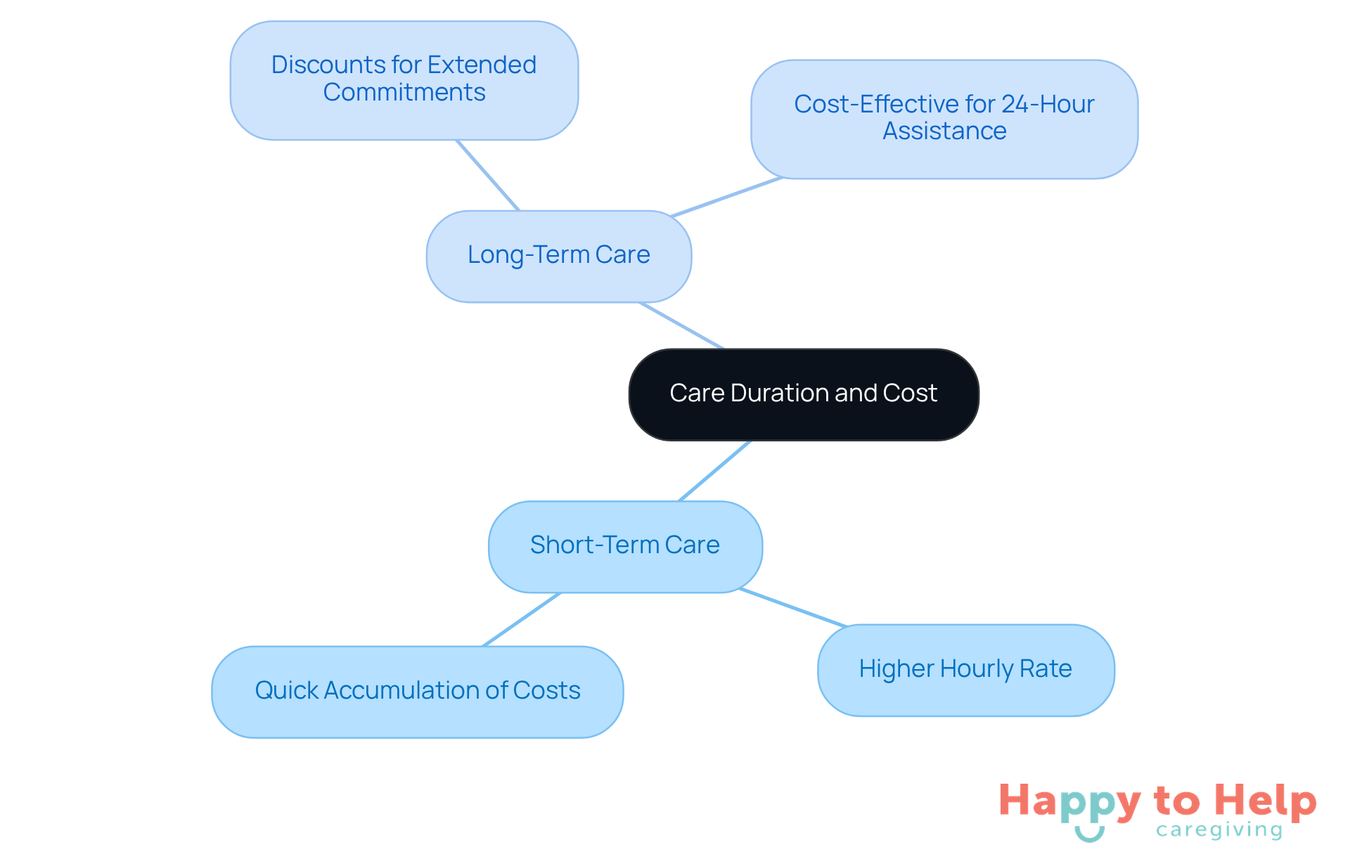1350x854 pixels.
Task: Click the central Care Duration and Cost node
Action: (x=804, y=394)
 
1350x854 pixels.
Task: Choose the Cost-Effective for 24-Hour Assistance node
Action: (x=944, y=119)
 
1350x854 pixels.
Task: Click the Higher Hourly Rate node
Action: (x=965, y=670)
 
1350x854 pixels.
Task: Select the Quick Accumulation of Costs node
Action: (x=418, y=692)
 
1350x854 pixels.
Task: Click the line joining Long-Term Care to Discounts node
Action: (x=488, y=175)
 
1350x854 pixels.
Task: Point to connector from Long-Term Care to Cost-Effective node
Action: (x=726, y=197)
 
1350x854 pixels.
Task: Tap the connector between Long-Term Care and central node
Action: (x=681, y=325)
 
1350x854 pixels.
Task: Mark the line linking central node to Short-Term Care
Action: (x=714, y=471)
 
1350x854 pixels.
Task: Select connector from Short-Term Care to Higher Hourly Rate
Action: (x=792, y=607)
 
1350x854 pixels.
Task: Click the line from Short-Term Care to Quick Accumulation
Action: (x=522, y=619)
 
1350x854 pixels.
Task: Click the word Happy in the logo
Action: (x=1069, y=802)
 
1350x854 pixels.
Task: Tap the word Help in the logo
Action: (x=1265, y=801)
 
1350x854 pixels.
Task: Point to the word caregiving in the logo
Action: (x=1219, y=830)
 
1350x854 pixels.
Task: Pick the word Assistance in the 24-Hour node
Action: (x=944, y=131)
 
